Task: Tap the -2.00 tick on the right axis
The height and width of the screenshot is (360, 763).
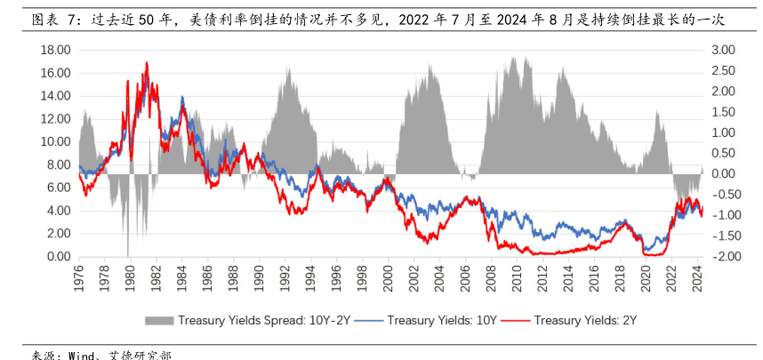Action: (725, 257)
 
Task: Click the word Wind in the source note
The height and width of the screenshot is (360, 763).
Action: (82, 354)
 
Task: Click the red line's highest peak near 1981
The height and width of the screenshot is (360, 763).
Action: (147, 62)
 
